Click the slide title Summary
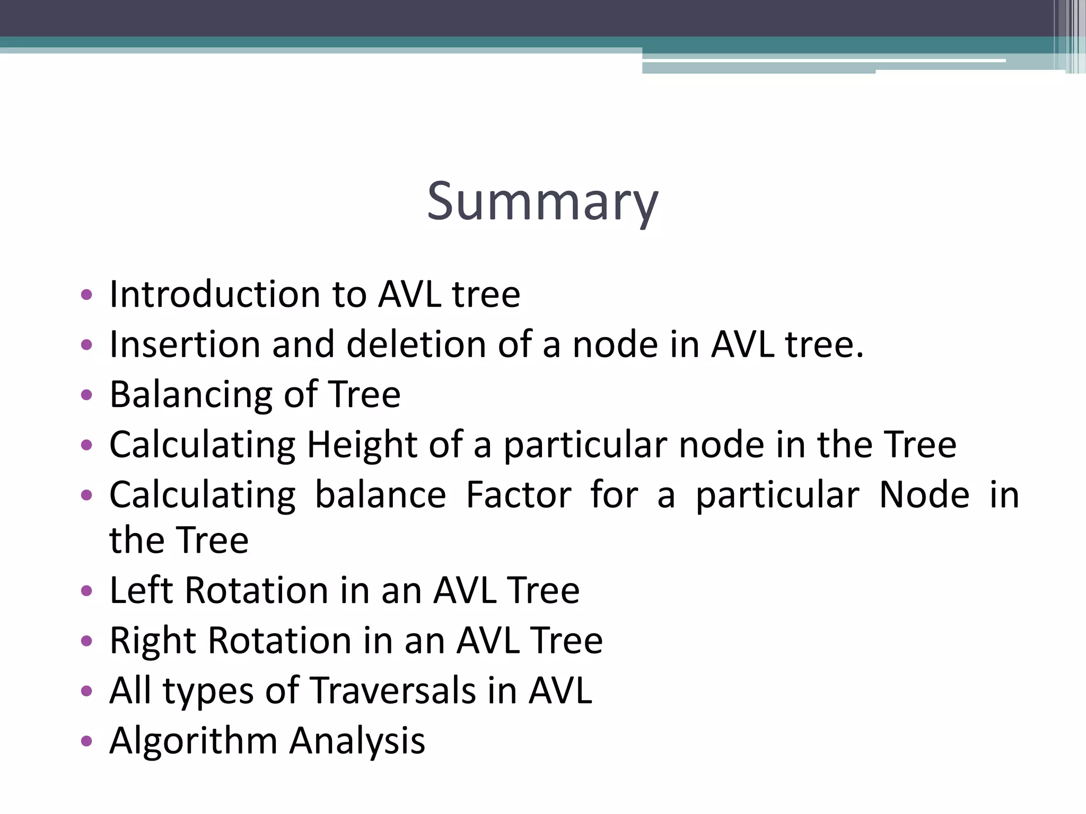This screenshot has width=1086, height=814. (542, 201)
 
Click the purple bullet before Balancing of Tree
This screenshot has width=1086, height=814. (86, 395)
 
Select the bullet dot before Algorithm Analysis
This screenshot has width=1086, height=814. (86, 740)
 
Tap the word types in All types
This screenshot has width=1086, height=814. (208, 692)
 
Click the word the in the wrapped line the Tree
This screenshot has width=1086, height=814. (136, 540)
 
